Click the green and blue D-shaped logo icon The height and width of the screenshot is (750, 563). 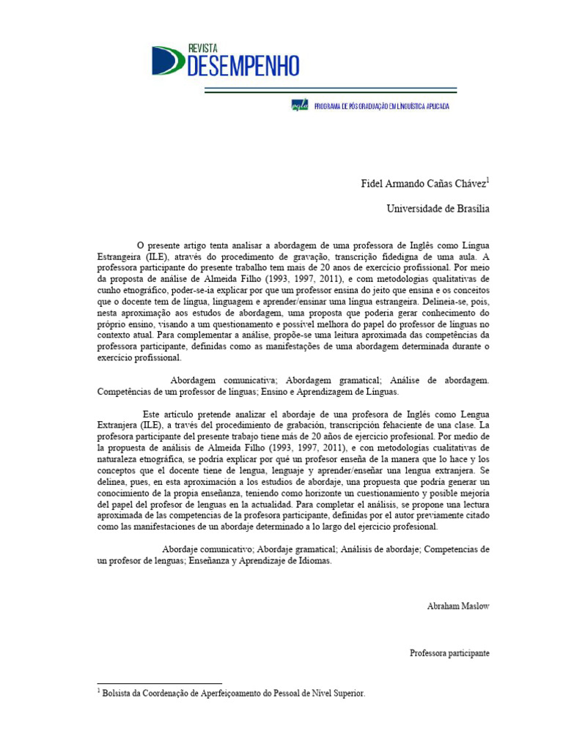(x=168, y=60)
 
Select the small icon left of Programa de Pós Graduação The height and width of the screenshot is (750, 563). (x=300, y=106)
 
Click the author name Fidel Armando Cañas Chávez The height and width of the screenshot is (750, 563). (x=413, y=182)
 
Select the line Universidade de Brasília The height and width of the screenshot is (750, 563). (x=438, y=209)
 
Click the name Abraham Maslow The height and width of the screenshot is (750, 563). (x=457, y=606)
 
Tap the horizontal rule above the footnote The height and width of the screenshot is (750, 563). (x=159, y=683)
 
